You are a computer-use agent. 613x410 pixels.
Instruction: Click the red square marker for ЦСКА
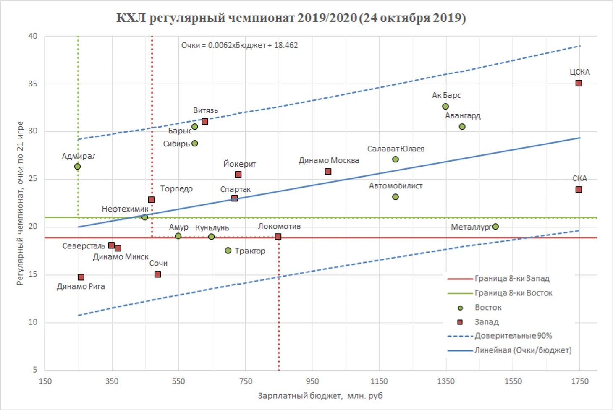(579, 83)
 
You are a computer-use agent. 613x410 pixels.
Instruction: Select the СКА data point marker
(579, 190)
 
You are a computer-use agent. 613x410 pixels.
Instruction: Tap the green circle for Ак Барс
(445, 107)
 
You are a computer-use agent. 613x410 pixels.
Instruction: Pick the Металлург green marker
(495, 227)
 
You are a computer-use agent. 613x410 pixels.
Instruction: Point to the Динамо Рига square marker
(81, 277)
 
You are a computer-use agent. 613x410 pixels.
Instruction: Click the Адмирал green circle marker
(77, 167)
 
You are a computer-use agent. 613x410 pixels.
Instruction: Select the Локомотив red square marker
(278, 237)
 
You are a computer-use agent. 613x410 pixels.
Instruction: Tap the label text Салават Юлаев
(396, 149)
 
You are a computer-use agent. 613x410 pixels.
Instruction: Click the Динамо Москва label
(329, 160)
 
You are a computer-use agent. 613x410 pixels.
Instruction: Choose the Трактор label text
(250, 251)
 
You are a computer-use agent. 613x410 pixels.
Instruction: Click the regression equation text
(239, 45)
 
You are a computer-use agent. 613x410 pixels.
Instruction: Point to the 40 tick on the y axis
(33, 36)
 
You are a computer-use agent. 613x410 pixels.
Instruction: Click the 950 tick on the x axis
(312, 381)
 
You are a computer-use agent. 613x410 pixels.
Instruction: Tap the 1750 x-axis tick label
(580, 381)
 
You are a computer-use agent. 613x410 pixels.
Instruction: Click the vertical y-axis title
(20, 203)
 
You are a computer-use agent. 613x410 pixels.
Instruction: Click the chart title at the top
(291, 18)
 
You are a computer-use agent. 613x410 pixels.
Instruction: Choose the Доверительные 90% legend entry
(513, 336)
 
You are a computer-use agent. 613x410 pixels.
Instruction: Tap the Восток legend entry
(488, 308)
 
